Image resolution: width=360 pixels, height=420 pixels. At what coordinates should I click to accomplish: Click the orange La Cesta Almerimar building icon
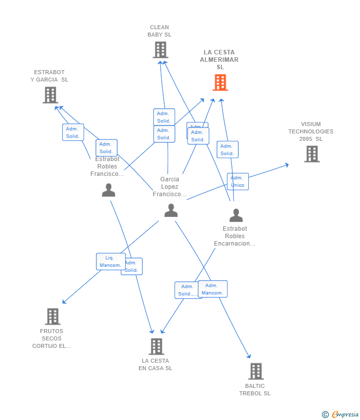(220, 83)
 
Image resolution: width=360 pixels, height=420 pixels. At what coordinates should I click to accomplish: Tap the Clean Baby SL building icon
(160, 50)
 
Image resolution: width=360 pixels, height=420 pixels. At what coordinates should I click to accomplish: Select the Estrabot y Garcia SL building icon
(50, 95)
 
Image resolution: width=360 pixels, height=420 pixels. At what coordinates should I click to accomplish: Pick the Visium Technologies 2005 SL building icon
(312, 154)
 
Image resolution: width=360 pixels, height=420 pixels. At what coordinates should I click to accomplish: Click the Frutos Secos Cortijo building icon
(52, 316)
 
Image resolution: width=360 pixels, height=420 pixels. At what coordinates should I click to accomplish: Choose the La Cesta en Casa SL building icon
(156, 346)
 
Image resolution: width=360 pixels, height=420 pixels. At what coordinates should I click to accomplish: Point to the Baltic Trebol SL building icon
(256, 371)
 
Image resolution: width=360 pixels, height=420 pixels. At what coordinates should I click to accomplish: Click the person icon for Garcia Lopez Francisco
(171, 210)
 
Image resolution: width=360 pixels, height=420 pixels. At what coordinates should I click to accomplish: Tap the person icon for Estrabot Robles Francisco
(108, 190)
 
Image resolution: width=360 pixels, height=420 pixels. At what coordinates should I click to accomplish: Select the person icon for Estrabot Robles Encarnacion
(236, 215)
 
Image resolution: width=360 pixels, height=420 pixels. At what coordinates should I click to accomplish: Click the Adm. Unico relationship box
(237, 181)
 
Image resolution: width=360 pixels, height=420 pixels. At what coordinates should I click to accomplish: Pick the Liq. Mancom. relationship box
(110, 261)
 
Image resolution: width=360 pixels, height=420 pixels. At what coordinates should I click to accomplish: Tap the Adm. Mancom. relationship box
(213, 289)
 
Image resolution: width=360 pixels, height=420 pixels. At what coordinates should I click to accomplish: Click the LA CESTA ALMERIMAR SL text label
(219, 60)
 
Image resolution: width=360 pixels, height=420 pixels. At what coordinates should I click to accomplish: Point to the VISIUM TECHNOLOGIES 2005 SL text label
(311, 131)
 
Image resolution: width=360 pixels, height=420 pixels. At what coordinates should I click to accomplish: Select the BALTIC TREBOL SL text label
(255, 390)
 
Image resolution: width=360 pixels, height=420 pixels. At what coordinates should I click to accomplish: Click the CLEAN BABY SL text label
(159, 31)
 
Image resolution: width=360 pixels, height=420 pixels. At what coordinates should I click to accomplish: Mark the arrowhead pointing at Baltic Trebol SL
(249, 356)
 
